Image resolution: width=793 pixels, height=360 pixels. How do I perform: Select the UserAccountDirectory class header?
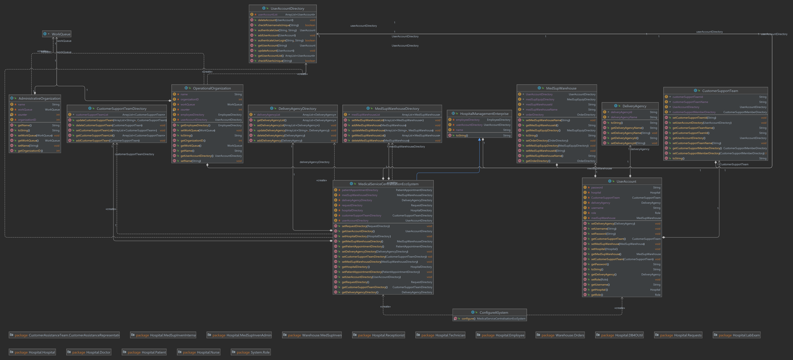287,9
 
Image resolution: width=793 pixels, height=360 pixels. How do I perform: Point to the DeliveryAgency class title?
634,106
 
